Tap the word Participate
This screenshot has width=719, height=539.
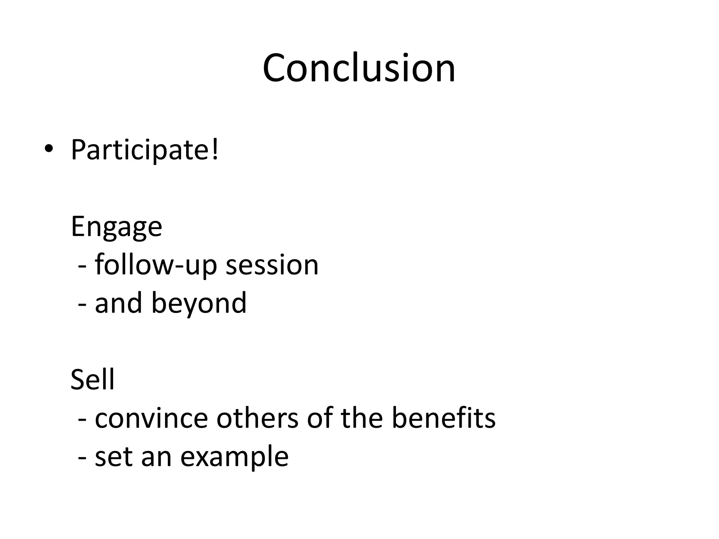(140, 150)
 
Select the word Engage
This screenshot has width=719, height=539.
(116, 227)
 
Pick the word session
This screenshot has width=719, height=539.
(272, 265)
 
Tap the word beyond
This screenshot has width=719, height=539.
(199, 303)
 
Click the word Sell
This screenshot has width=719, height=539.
(92, 380)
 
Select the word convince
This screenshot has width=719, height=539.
(151, 418)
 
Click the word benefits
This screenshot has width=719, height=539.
(443, 418)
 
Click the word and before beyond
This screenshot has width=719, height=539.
(118, 303)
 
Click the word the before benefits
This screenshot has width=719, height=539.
(362, 418)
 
